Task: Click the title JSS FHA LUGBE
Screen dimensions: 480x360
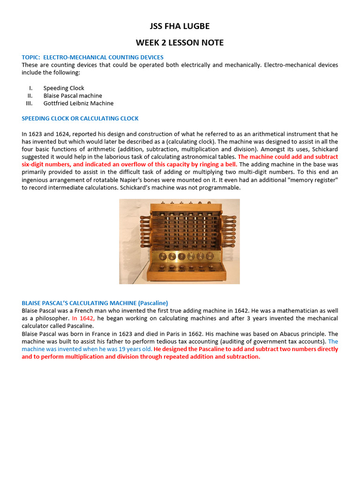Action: (x=180, y=26)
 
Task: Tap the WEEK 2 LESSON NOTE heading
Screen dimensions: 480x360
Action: (x=180, y=43)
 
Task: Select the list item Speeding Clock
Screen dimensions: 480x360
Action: (x=64, y=88)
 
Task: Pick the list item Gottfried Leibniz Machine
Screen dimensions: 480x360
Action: (x=78, y=103)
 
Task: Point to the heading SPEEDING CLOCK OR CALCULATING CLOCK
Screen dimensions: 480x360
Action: (x=80, y=119)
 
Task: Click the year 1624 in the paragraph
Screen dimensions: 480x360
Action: (x=64, y=134)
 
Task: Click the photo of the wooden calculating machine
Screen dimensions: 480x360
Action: (x=180, y=241)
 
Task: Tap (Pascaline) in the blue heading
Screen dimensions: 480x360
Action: (x=151, y=303)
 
